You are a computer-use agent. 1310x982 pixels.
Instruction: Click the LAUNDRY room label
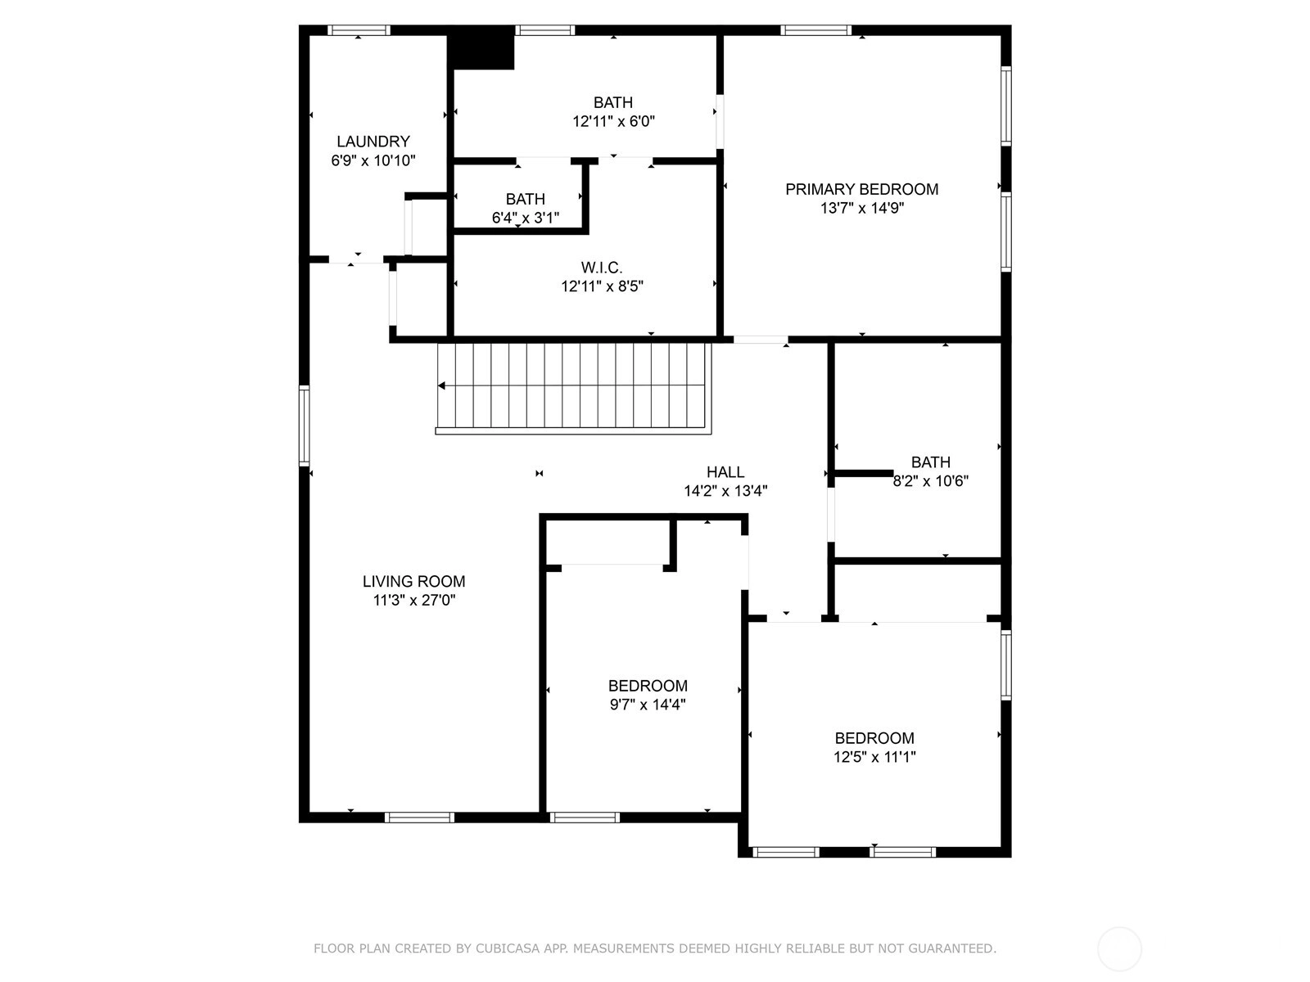pyautogui.click(x=373, y=142)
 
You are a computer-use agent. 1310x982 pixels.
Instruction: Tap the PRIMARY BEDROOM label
pyautogui.click(x=861, y=189)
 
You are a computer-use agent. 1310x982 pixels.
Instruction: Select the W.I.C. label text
pyautogui.click(x=602, y=268)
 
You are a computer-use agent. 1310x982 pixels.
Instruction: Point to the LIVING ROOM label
pyautogui.click(x=413, y=581)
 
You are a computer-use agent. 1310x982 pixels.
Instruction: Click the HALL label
pyautogui.click(x=725, y=472)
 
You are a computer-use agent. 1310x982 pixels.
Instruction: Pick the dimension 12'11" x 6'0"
pyautogui.click(x=613, y=122)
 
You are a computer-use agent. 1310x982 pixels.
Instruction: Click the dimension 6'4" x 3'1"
pyautogui.click(x=525, y=218)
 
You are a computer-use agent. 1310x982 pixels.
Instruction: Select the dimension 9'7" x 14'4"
pyautogui.click(x=648, y=705)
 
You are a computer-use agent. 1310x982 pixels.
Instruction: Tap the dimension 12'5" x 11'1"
pyautogui.click(x=874, y=757)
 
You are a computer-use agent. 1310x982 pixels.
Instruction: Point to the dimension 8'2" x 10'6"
pyautogui.click(x=930, y=481)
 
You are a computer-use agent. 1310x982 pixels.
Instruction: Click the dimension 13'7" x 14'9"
pyautogui.click(x=862, y=208)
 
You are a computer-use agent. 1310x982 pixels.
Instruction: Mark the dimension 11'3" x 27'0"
pyautogui.click(x=414, y=601)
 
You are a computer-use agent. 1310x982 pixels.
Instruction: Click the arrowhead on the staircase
pyautogui.click(x=441, y=385)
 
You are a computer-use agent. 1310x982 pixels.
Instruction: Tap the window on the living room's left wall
pyautogui.click(x=305, y=426)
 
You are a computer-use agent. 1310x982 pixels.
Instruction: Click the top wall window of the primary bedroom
pyautogui.click(x=815, y=30)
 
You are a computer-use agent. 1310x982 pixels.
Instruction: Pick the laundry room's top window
pyautogui.click(x=358, y=30)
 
